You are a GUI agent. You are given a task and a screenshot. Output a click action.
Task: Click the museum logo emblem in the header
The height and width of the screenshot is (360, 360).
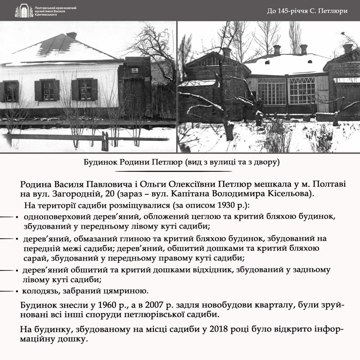coord(21,11)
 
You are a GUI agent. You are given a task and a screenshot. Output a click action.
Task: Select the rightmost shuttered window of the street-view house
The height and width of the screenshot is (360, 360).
coord(85,90)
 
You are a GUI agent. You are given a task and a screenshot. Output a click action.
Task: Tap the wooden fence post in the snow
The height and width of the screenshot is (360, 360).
coord(105,141)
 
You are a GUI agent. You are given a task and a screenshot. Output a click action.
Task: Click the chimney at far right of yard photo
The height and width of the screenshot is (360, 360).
coord(348,48)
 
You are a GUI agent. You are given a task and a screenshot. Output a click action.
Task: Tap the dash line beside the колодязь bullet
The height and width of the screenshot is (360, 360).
coord(6,291)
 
